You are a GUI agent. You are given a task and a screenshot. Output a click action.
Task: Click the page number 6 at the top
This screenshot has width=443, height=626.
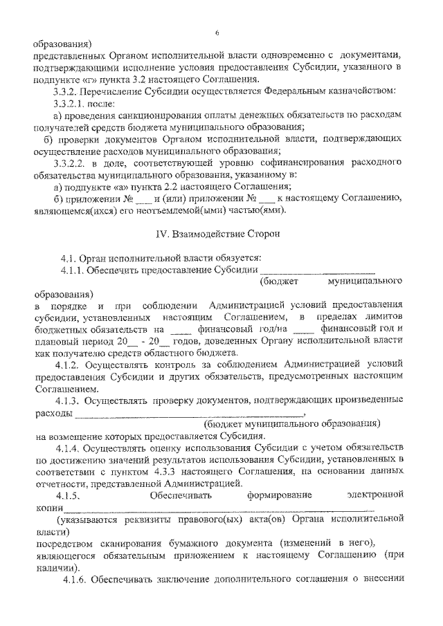pos(217,33)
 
